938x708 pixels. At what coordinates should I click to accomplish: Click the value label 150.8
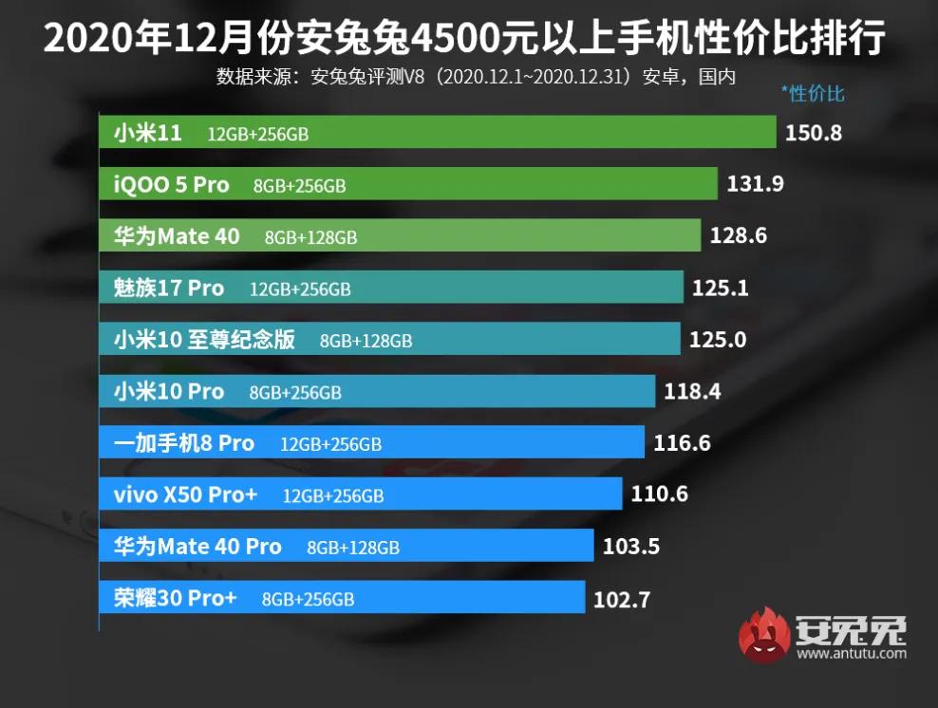813,133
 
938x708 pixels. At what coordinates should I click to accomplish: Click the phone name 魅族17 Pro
167,288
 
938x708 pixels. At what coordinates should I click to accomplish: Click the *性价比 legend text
812,93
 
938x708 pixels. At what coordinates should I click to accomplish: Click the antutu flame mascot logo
765,635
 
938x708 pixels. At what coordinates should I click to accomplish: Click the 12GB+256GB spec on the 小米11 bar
257,135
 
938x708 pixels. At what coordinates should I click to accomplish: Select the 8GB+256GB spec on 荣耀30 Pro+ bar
308,599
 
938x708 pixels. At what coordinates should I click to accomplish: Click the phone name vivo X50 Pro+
185,494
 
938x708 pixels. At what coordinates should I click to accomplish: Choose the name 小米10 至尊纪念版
204,340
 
